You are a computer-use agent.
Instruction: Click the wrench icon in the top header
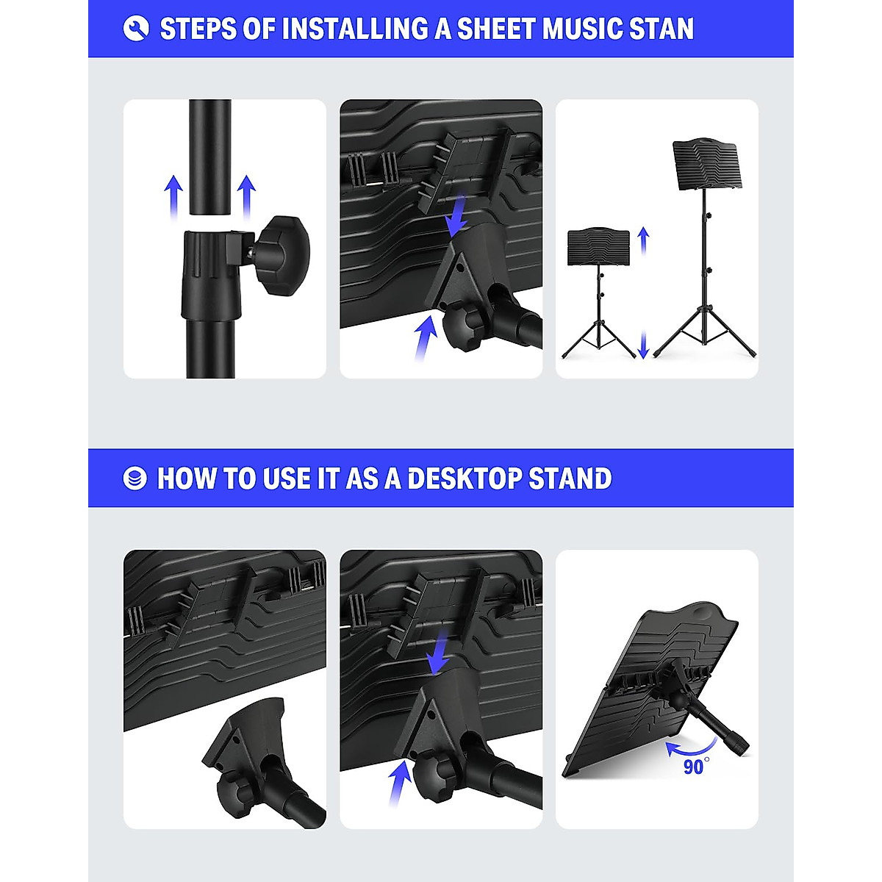click(x=136, y=29)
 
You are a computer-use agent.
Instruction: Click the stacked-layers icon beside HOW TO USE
click(x=135, y=478)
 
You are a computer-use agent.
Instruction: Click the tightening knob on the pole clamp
click(x=283, y=247)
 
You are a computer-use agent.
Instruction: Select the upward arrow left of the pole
click(x=173, y=196)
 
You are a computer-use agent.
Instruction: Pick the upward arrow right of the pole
click(x=246, y=196)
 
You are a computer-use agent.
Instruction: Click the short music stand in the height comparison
click(x=598, y=294)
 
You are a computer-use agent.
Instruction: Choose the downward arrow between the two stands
click(x=644, y=344)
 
